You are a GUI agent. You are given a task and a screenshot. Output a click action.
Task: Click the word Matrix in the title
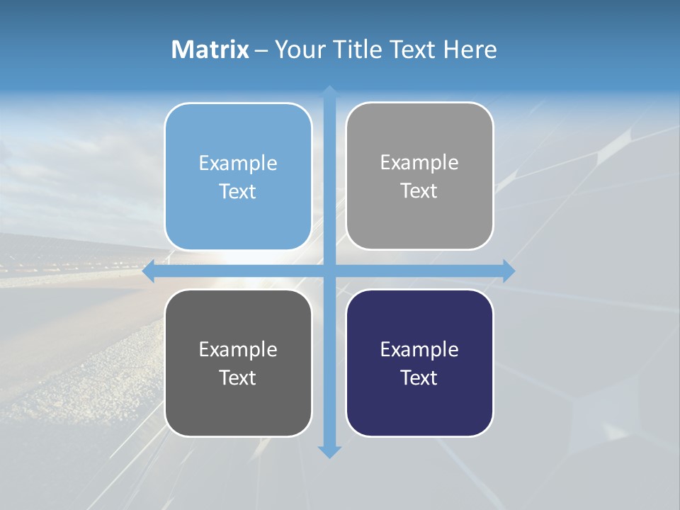210,50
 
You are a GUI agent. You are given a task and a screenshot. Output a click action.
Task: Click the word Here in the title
470,50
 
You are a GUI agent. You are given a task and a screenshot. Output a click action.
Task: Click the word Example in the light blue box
238,164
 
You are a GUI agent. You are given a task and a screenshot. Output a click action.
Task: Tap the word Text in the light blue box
238,191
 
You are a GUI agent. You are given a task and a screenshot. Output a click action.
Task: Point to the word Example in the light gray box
419,163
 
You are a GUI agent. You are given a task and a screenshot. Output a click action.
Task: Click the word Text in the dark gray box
238,378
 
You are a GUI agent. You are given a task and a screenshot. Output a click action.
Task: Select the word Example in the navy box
419,349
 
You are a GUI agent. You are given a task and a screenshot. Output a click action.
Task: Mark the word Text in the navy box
419,378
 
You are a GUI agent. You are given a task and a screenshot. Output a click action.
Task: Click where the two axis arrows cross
329,271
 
